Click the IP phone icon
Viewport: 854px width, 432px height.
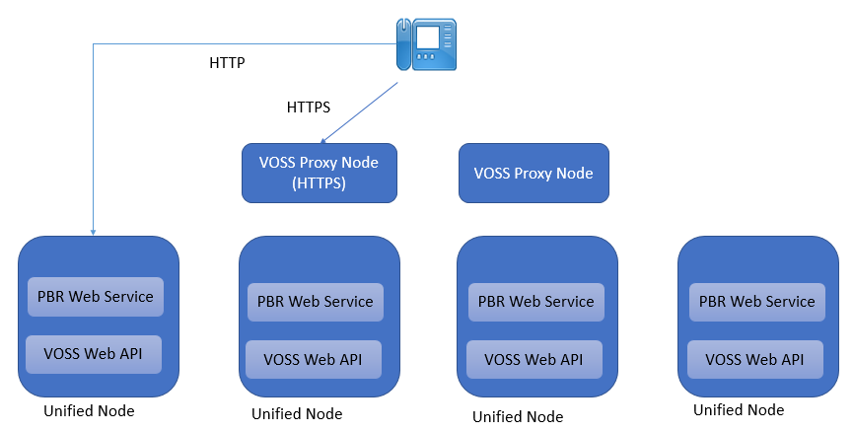click(427, 44)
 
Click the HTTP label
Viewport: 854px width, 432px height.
click(227, 63)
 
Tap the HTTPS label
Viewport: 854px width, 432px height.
click(308, 107)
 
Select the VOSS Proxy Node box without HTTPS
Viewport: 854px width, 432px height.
click(534, 173)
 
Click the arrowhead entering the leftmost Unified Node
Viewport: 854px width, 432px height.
click(93, 232)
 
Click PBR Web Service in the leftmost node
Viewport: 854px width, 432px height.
click(95, 296)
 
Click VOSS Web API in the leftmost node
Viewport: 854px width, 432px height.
click(95, 352)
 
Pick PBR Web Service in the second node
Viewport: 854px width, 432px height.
click(316, 302)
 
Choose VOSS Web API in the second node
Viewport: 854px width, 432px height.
click(314, 359)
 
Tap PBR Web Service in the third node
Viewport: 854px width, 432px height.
click(536, 302)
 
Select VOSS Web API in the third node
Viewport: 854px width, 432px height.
click(534, 359)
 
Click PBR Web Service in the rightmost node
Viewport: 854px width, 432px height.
click(757, 302)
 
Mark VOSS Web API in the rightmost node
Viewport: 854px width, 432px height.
click(755, 359)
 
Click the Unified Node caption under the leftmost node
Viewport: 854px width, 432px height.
click(89, 410)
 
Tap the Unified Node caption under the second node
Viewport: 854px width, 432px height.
click(297, 414)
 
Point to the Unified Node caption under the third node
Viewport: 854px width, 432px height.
click(518, 416)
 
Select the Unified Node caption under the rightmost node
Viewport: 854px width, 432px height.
click(739, 409)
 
